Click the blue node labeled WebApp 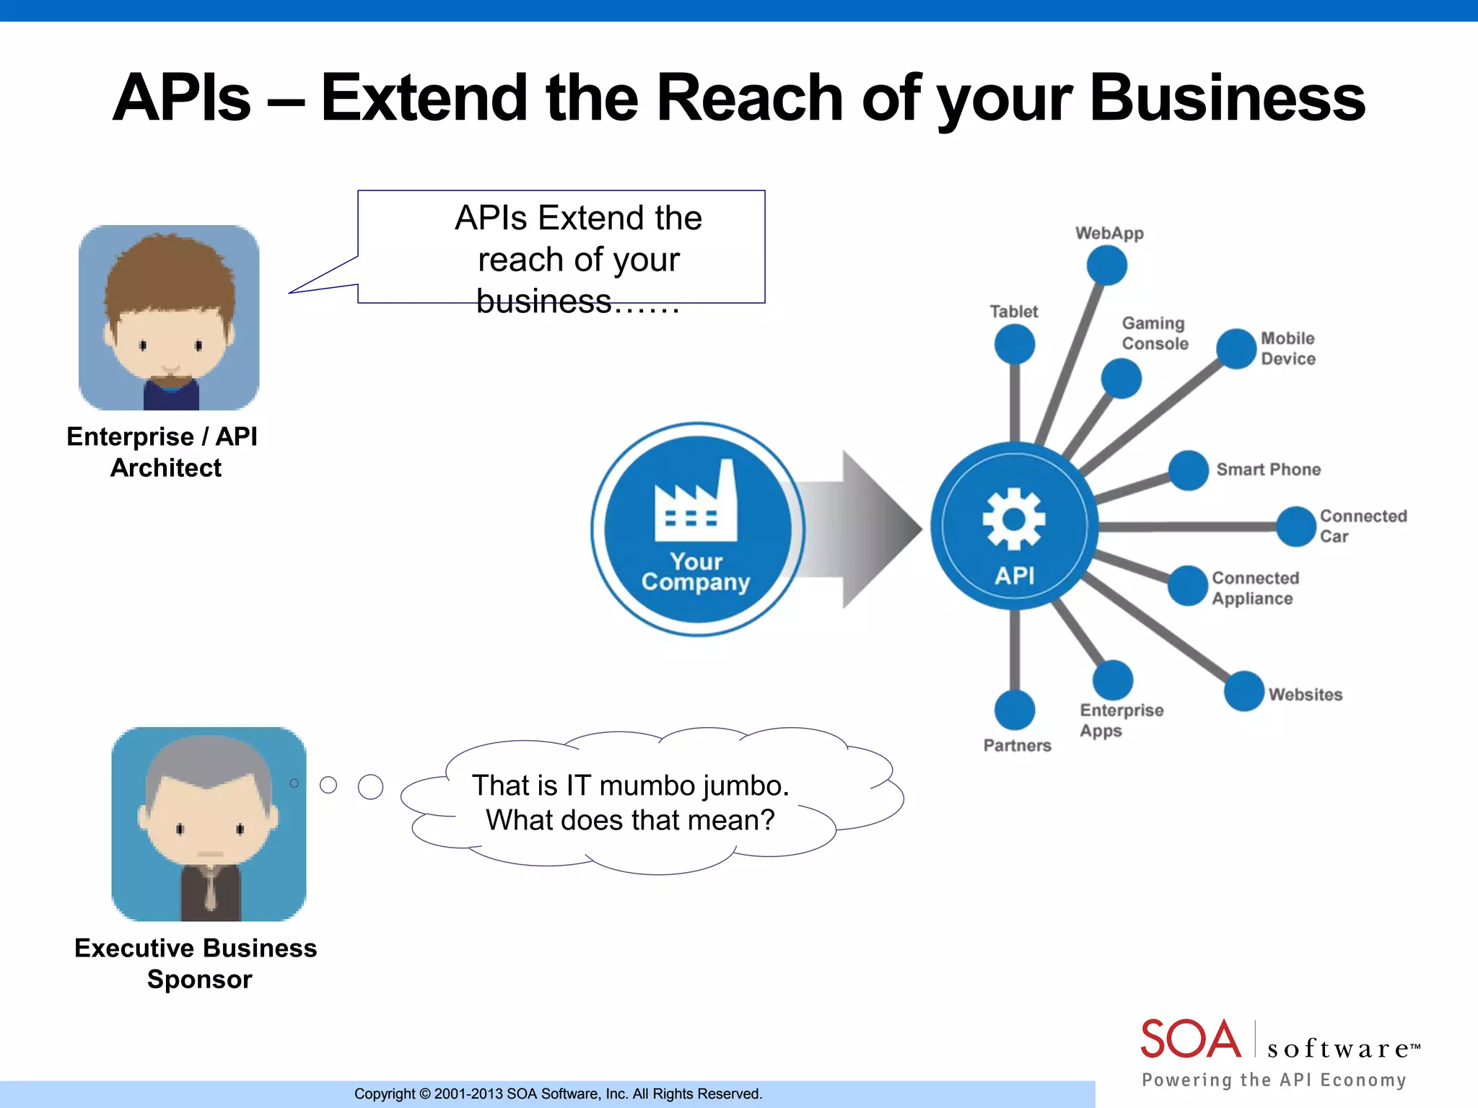(x=1107, y=265)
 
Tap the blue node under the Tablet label (x=1014, y=344)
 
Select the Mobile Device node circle (x=1236, y=348)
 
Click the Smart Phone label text (x=1268, y=470)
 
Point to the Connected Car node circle (x=1296, y=527)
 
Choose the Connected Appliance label (x=1254, y=588)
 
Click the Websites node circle (x=1243, y=691)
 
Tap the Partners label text (x=1017, y=745)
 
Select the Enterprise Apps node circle (x=1112, y=680)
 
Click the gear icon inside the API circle (x=1014, y=519)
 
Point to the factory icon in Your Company (x=696, y=504)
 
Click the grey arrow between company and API (x=859, y=529)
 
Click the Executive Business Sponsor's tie (x=209, y=891)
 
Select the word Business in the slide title (x=1226, y=98)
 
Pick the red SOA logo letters (x=1190, y=1039)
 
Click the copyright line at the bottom (x=558, y=1094)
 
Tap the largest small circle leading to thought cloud (x=370, y=786)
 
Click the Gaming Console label (x=1154, y=333)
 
